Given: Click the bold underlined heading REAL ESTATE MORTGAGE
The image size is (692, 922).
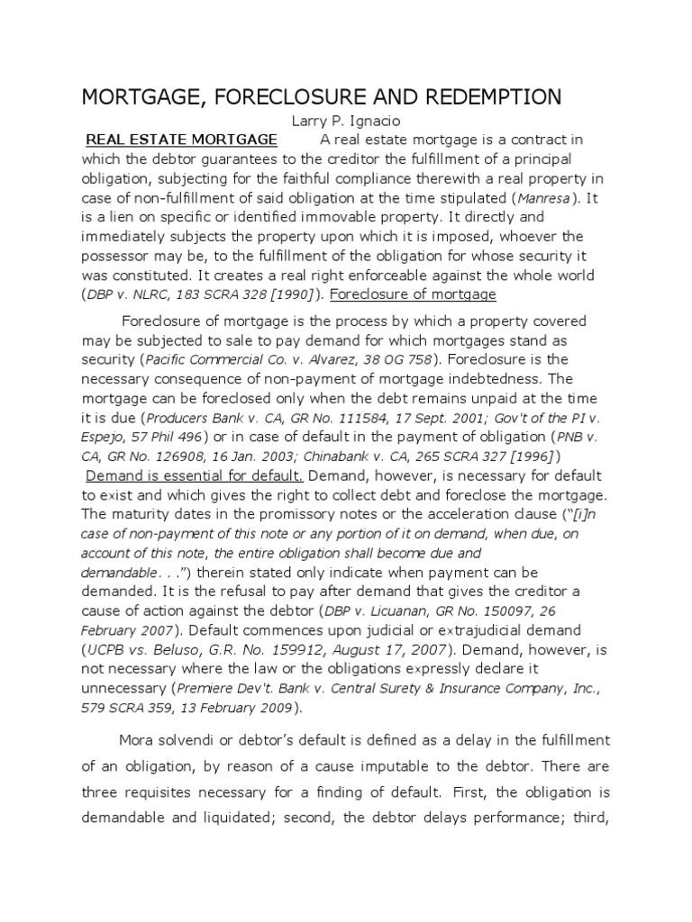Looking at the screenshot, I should pos(181,140).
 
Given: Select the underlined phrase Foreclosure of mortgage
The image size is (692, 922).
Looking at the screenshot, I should pos(413,294).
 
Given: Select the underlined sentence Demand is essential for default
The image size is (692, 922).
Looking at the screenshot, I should pos(195,475).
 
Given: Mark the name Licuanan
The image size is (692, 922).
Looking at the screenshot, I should pos(421,610).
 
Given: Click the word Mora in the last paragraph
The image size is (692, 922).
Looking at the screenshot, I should pos(137,739).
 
